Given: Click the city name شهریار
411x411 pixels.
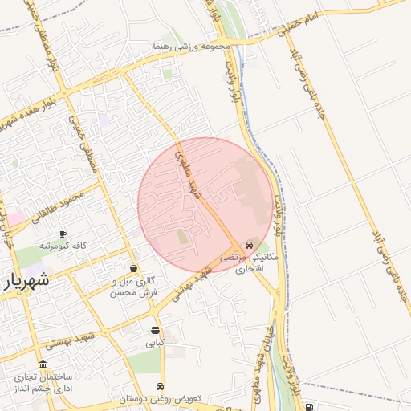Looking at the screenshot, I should pos(29,280).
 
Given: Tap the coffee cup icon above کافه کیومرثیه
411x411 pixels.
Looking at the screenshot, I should pos(63,234).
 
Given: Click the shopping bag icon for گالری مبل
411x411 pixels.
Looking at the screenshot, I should pos(132,268).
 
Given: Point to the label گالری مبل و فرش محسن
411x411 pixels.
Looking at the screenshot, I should pos(132,287).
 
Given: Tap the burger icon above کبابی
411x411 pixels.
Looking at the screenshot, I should pos(155,330).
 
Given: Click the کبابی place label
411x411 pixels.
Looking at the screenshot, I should pos(155,342).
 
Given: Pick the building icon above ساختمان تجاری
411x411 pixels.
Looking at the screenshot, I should pos(43,364).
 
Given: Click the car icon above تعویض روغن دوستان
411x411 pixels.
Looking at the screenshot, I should pos(161,386).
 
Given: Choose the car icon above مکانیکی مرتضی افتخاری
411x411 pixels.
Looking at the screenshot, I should pos(250,244).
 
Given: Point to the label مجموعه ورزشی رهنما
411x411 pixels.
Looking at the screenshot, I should pos(193,47).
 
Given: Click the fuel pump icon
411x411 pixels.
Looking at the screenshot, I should pos(310,406).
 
